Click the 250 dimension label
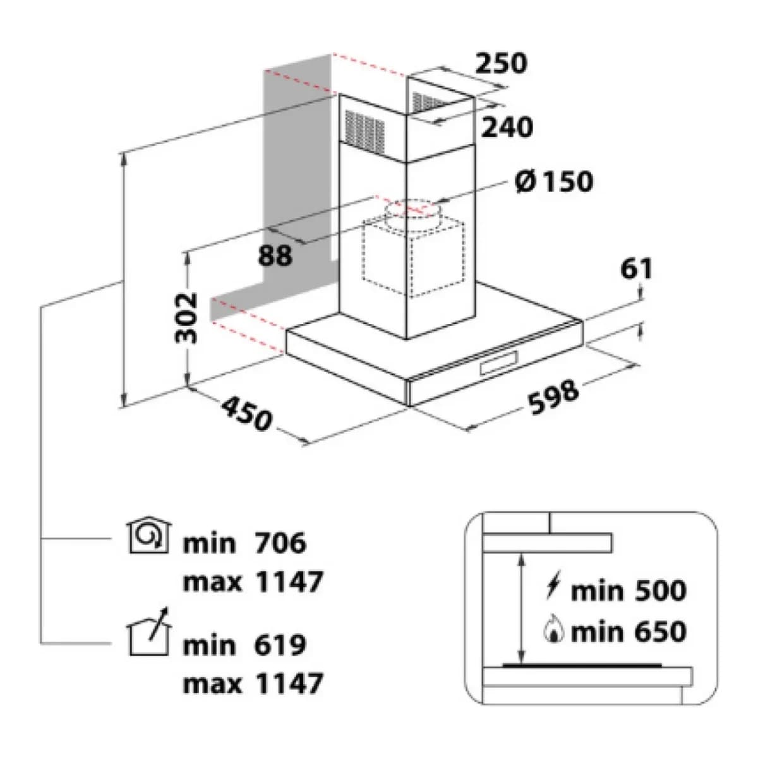click(x=501, y=63)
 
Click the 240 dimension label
click(x=507, y=127)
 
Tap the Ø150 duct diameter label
click(x=554, y=182)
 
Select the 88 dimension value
click(x=275, y=255)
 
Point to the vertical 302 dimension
click(x=186, y=318)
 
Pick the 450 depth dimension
click(x=246, y=413)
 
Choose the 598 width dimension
click(x=553, y=397)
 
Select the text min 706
click(x=244, y=543)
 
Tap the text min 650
click(x=629, y=632)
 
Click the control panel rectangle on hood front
click(x=498, y=363)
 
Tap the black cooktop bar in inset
click(x=582, y=666)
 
